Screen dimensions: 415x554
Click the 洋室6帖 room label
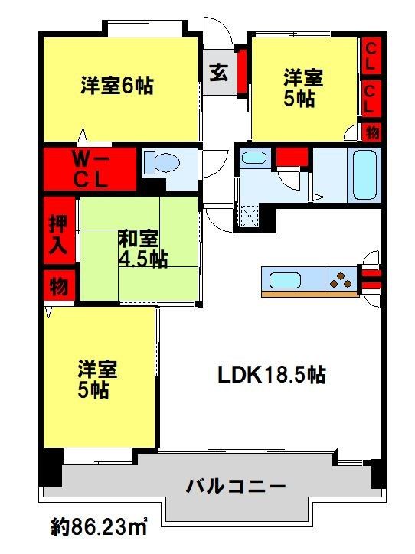pos(117,85)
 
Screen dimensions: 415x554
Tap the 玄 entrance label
pos(218,73)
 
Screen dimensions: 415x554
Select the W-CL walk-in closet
pos(90,169)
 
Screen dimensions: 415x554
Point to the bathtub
pos(364,175)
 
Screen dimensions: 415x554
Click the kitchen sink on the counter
pos(285,280)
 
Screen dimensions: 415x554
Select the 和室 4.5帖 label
pos(143,249)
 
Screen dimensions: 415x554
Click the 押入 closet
pos(59,230)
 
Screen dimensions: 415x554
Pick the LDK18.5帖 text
pos(271,375)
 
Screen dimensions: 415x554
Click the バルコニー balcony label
pos(236,487)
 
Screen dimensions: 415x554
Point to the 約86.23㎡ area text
pos(99,527)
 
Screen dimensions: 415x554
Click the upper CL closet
pos(371,56)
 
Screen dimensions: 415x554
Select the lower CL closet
pos(371,99)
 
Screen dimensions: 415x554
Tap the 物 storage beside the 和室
pos(59,285)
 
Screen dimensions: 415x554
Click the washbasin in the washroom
pos(253,158)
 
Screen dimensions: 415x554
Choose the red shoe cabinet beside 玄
pos(242,72)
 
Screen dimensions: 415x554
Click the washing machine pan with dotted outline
pos(247,216)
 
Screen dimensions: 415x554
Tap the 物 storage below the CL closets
pos(372,132)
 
